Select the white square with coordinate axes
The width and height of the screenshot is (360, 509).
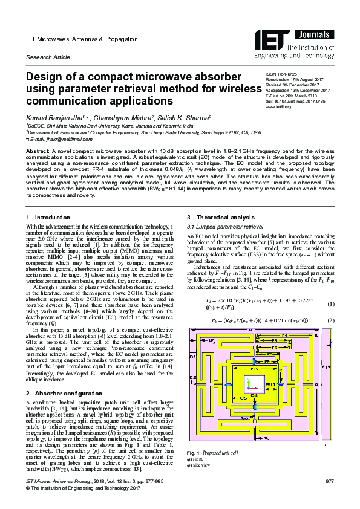pyautogui.click(x=255, y=384)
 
